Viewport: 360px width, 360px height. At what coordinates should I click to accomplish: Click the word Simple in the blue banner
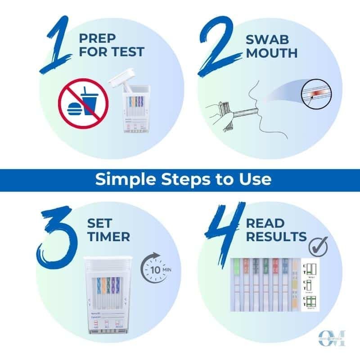pos(122,180)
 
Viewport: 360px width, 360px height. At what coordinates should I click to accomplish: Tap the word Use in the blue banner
pos(255,180)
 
